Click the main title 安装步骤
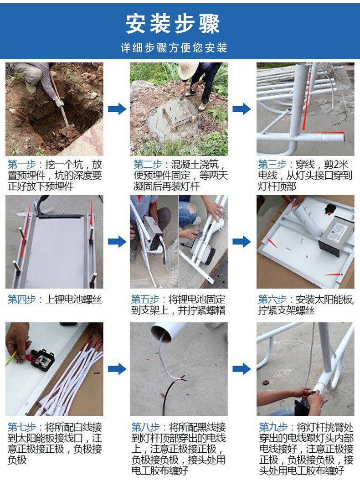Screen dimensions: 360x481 point(173,24)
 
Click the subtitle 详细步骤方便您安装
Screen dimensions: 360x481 point(174,48)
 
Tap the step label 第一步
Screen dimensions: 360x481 point(21,165)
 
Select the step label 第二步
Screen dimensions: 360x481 point(148,165)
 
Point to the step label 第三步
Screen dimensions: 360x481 point(273,165)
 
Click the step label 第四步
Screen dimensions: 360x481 point(21,299)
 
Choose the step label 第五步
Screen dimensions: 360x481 point(145,299)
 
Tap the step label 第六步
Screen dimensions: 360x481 point(273,299)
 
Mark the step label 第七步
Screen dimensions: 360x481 point(21,427)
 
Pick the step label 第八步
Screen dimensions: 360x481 point(146,427)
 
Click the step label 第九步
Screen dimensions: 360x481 point(273,427)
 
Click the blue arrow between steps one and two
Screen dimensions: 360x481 point(117,109)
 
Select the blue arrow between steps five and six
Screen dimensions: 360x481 point(242,242)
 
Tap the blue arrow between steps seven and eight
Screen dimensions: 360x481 point(117,369)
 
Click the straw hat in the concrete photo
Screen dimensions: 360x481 point(188,70)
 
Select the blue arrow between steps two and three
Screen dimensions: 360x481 point(242,109)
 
